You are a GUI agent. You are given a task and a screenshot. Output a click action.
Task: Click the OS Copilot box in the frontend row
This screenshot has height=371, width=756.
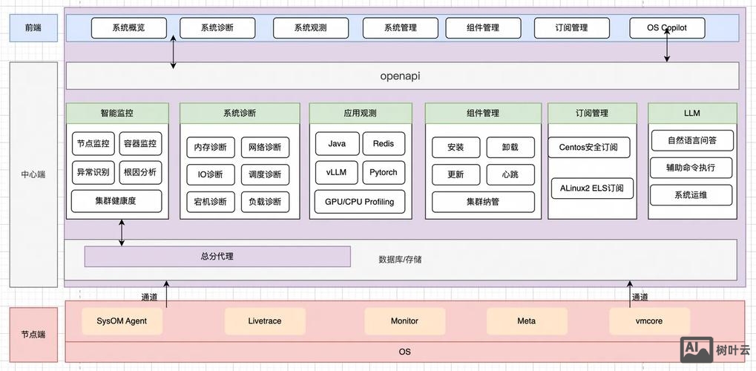(x=667, y=28)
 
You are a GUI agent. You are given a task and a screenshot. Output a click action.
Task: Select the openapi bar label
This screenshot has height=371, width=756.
(x=400, y=76)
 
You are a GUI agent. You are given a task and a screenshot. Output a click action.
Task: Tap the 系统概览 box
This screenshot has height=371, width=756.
(x=129, y=28)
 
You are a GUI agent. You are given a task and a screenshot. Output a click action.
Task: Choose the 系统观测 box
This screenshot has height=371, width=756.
(x=310, y=28)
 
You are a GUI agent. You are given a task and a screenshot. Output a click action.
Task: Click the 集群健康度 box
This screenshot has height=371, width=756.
(x=116, y=201)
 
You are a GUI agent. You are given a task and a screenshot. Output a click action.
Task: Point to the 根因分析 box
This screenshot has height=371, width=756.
(x=140, y=173)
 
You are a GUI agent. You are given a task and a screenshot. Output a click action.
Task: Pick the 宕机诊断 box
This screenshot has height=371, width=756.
(x=211, y=202)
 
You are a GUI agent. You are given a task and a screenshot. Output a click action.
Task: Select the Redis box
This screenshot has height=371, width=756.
(x=384, y=144)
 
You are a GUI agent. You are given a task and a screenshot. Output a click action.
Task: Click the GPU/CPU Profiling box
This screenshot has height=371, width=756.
(x=360, y=202)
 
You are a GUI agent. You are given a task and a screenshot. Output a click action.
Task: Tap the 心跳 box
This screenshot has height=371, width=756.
(x=510, y=174)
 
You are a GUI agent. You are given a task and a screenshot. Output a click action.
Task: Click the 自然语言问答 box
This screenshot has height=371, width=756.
(x=691, y=140)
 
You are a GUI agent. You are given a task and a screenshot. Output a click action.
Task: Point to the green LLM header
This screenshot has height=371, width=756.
(x=692, y=114)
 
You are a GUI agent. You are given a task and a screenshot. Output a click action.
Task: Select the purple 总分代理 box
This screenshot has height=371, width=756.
(x=217, y=257)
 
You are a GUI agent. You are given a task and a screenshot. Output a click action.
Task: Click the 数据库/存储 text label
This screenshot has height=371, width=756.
(x=401, y=260)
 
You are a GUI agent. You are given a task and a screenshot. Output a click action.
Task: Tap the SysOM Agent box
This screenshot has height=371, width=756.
(x=122, y=321)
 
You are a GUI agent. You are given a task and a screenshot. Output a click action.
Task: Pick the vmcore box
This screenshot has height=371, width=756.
(x=649, y=321)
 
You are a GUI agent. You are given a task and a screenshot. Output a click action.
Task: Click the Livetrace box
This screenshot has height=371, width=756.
(x=265, y=321)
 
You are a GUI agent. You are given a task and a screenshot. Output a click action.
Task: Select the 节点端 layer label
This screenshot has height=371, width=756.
(x=33, y=335)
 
